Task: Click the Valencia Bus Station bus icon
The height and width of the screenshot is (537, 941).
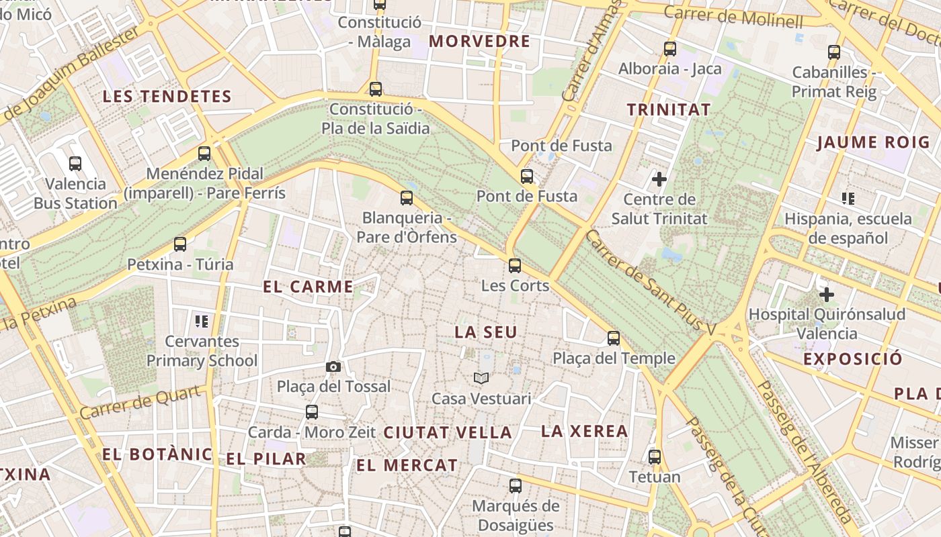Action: [x=75, y=163]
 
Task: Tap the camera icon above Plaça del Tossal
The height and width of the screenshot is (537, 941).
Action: [x=333, y=367]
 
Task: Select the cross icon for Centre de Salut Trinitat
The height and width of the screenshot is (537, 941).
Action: [x=659, y=179]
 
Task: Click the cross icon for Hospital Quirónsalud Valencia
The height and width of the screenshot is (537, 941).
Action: [x=827, y=294]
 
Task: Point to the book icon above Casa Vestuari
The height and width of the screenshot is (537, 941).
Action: [x=481, y=378]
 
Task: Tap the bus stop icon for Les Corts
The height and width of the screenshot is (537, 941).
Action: [x=515, y=265]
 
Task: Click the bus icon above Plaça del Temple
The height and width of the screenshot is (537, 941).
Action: [x=614, y=338]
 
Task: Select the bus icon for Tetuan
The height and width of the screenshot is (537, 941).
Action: [x=655, y=457]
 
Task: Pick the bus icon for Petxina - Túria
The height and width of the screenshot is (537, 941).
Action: [x=180, y=244]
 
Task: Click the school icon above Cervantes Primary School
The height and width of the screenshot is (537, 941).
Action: [x=202, y=322]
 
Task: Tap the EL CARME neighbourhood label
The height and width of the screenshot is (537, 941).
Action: [x=308, y=287]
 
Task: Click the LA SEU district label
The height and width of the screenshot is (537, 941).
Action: [x=486, y=332]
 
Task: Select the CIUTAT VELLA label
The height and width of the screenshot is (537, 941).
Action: [x=448, y=433]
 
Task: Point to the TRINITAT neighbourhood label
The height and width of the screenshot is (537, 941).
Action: [x=668, y=109]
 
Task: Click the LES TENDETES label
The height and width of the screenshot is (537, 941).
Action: [x=167, y=97]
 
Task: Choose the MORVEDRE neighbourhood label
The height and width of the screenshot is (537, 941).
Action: [x=480, y=42]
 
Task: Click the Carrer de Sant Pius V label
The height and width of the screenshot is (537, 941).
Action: [x=651, y=283]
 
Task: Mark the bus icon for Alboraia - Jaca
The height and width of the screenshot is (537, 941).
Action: [x=670, y=49]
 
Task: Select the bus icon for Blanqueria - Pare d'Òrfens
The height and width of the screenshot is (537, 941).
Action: [x=407, y=197]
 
